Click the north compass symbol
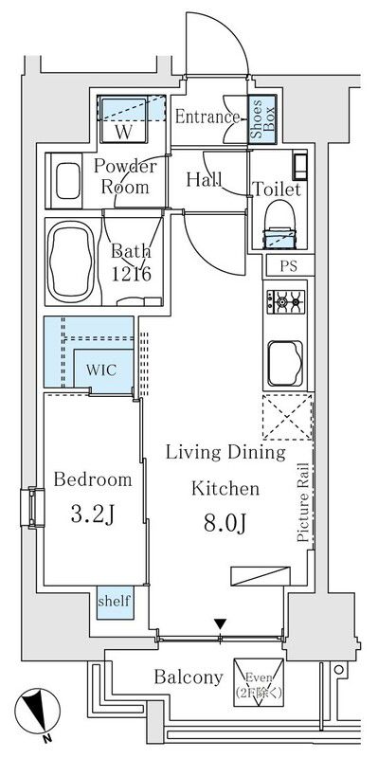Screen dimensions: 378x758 pos(37,713)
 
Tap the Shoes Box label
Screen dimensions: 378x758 pos(262,119)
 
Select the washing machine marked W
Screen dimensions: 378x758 pos(123,120)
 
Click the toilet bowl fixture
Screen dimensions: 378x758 pos(279,224)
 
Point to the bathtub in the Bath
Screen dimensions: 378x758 pos(71,262)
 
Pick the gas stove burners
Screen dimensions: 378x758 pos(286,302)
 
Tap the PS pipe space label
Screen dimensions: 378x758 pos(289,267)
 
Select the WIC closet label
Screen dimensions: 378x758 pos(101,370)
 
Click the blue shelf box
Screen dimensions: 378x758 pos(115,603)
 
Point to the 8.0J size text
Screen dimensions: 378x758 pos(225,524)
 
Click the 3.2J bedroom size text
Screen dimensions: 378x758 pos(92,515)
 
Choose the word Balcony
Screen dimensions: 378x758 pos(189,677)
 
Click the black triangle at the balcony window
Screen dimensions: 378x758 pos(221,623)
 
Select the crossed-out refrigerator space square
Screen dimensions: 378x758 pos(288,417)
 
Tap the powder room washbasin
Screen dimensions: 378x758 pos(67,180)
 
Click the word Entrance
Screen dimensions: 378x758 pos(207,117)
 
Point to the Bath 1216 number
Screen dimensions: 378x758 pos(132,274)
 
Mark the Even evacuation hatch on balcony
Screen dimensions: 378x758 pos(259,682)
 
